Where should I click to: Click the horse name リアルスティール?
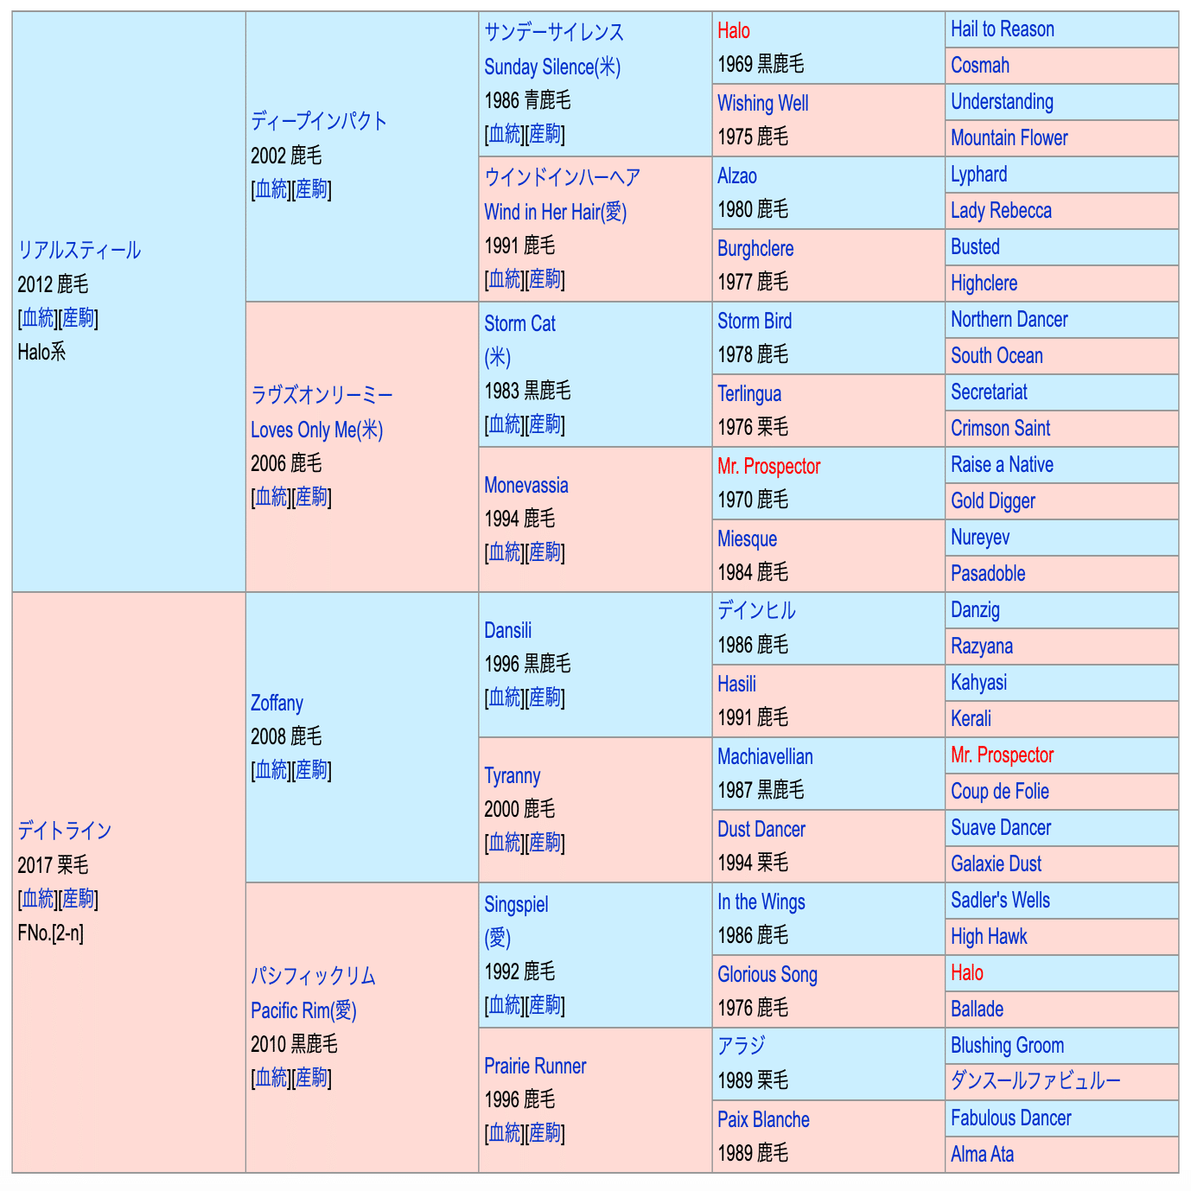(79, 251)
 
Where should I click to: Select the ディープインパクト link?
(318, 121)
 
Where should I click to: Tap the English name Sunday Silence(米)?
(551, 67)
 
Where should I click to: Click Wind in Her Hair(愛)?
(555, 212)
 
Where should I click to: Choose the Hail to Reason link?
(1002, 29)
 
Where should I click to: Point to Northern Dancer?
(1009, 320)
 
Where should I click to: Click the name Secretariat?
(989, 392)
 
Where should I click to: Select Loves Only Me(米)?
(316, 430)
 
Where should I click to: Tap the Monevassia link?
(525, 485)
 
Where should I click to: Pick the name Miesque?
(747, 539)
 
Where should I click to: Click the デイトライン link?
(65, 831)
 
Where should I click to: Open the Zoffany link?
(277, 703)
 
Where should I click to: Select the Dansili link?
(507, 630)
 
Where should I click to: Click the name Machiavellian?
(765, 757)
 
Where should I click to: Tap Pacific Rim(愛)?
(303, 1010)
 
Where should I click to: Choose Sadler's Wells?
(1000, 901)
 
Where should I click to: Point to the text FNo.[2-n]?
(50, 933)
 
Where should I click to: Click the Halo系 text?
(41, 352)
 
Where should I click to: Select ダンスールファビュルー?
(1035, 1081)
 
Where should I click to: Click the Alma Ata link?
(982, 1155)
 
